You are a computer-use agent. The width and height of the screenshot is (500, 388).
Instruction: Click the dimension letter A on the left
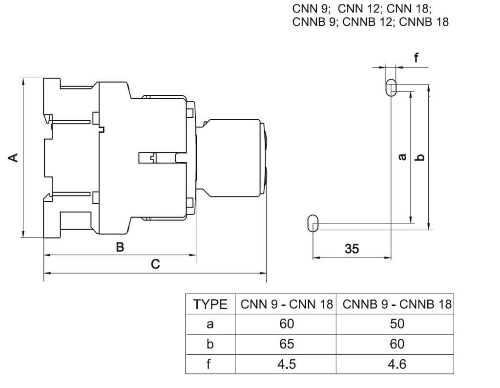14,157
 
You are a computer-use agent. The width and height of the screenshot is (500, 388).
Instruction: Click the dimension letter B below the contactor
120,247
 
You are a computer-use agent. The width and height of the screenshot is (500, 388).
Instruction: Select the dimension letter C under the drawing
155,264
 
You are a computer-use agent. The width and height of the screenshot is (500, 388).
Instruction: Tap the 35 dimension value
352,249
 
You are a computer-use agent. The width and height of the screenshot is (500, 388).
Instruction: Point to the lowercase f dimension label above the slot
416,58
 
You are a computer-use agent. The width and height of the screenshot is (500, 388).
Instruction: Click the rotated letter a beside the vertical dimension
402,157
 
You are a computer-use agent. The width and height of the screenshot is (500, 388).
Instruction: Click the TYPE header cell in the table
210,304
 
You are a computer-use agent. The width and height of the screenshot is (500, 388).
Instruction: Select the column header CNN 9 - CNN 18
287,304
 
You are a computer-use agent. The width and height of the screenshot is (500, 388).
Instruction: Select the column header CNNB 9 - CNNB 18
397,304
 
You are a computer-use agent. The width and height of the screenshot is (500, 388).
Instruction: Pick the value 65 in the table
287,344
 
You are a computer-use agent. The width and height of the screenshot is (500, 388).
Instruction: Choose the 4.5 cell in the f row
287,364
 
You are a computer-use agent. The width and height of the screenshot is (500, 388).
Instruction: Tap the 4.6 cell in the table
397,364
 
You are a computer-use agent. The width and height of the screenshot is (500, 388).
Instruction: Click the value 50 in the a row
397,324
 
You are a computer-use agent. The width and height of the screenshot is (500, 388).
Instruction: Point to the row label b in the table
210,344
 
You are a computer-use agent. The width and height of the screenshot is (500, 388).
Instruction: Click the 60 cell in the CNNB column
397,344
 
